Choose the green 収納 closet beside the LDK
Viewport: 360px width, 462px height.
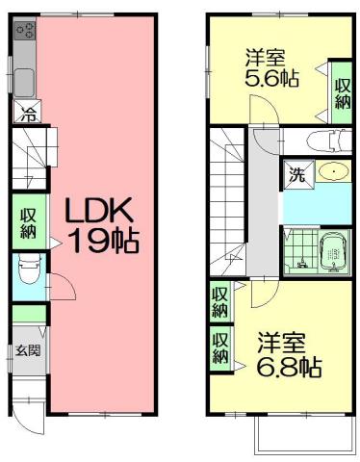pos(27,220)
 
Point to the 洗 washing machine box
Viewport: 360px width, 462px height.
pos(296,175)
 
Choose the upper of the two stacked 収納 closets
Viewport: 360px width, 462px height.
pos(220,301)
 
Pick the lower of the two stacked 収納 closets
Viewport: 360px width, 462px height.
pos(220,347)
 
